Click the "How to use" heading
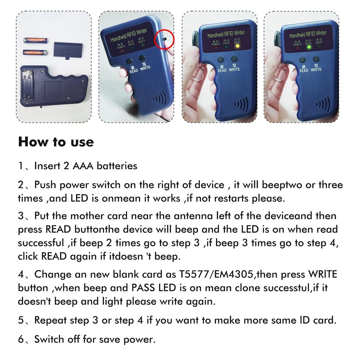[x=56, y=142]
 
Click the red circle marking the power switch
[x=164, y=40]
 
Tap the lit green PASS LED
[x=309, y=47]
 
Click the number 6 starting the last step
[x=21, y=340]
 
